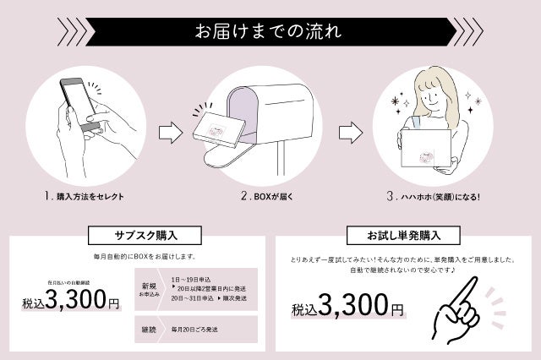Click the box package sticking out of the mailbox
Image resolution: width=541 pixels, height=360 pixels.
click(219, 128)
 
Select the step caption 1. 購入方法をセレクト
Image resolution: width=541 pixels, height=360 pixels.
click(85, 196)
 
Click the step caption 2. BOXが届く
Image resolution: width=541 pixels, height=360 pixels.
click(270, 196)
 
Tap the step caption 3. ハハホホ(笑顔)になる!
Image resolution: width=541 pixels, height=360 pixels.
click(434, 196)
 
